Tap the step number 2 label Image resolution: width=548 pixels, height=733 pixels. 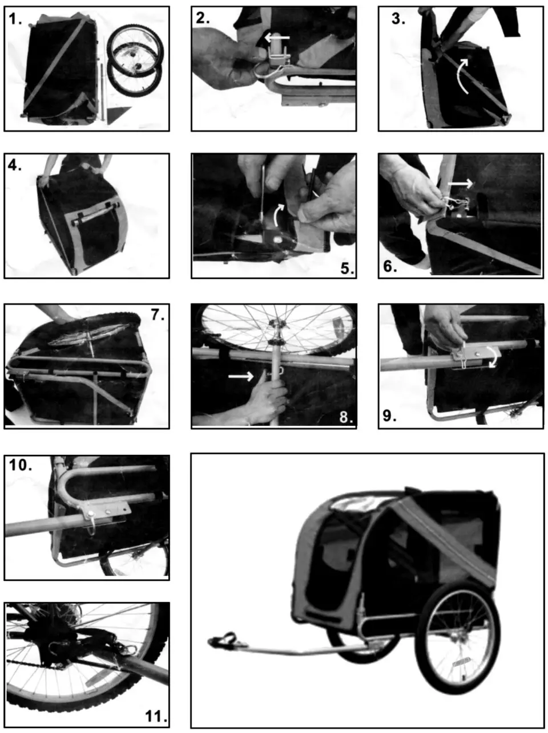click(x=203, y=18)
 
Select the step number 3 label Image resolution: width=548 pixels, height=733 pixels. click(x=398, y=19)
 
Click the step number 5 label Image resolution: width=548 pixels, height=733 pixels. click(x=346, y=268)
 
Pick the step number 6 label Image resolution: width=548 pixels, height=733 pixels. click(x=390, y=266)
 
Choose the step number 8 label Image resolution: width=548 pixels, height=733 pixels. click(x=346, y=417)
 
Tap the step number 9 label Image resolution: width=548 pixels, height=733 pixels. click(x=390, y=416)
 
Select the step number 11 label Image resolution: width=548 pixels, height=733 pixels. click(x=154, y=716)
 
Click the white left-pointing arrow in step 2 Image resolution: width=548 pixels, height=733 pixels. click(x=277, y=38)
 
